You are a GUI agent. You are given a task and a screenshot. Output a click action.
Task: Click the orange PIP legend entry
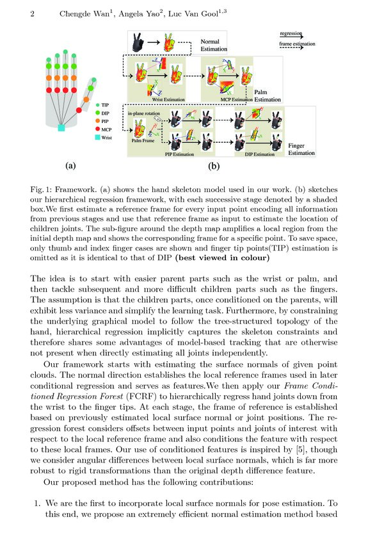coord(98,120)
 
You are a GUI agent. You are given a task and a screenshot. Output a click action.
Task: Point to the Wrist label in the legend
coord(106,137)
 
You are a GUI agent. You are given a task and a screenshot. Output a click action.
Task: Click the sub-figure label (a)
coord(72,165)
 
